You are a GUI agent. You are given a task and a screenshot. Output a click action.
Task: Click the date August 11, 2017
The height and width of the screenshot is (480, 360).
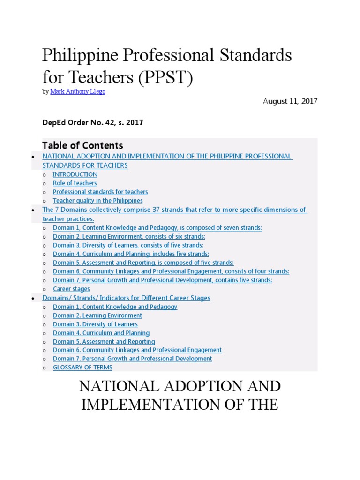point(290,101)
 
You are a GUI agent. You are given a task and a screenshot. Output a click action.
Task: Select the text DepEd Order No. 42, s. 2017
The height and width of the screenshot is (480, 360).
point(92,123)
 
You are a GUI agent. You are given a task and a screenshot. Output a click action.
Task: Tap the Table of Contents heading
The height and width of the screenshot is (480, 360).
point(82,145)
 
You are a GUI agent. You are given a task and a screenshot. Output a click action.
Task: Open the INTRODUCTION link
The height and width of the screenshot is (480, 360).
point(75,174)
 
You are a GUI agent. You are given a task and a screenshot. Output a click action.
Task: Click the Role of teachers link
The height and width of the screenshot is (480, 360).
point(75,183)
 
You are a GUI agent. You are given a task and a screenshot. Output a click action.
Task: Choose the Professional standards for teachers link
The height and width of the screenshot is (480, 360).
point(100,192)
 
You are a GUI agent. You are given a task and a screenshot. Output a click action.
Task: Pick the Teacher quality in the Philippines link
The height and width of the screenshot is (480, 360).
point(97,201)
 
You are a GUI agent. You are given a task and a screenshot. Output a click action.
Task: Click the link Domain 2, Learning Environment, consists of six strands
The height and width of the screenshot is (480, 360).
point(129,237)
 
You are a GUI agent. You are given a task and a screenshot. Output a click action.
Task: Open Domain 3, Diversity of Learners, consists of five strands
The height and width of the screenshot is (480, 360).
point(128,245)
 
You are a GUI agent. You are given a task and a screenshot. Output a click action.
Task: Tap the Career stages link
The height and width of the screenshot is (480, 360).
point(71,289)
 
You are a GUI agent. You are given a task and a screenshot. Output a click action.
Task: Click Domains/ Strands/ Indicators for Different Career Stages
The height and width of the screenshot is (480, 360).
point(126,298)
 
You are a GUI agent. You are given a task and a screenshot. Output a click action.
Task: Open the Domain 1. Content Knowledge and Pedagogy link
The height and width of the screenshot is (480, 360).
point(115,307)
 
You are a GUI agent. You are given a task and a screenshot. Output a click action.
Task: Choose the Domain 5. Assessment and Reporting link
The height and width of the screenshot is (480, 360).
point(104,342)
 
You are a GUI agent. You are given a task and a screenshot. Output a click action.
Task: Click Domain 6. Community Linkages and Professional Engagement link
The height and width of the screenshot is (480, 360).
point(137,350)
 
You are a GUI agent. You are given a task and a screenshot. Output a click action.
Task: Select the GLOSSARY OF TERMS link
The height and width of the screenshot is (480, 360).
point(82,367)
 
